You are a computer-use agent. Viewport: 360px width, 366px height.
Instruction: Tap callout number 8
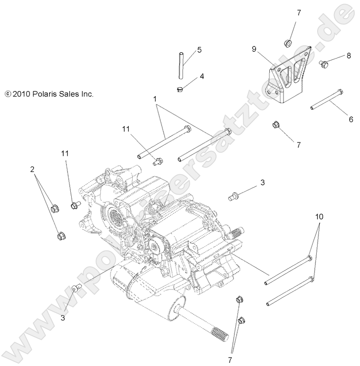pyautogui.click(x=349, y=56)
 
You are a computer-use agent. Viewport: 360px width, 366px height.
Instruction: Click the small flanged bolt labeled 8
pyautogui.click(x=323, y=64)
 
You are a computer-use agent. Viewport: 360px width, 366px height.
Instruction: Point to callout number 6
pyautogui.click(x=351, y=119)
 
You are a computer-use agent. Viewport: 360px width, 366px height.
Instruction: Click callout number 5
pyautogui.click(x=199, y=50)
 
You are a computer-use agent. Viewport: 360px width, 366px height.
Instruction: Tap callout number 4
pyautogui.click(x=202, y=76)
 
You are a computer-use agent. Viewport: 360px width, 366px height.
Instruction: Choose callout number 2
pyautogui.click(x=32, y=169)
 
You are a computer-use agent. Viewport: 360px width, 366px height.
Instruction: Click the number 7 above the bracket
pyautogui.click(x=299, y=13)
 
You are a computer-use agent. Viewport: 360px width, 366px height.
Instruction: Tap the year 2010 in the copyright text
pyautogui.click(x=20, y=94)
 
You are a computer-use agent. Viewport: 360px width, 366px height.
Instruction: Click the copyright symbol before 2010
pyautogui.click(x=7, y=94)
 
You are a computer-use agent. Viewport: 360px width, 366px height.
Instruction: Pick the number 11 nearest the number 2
pyautogui.click(x=65, y=153)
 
